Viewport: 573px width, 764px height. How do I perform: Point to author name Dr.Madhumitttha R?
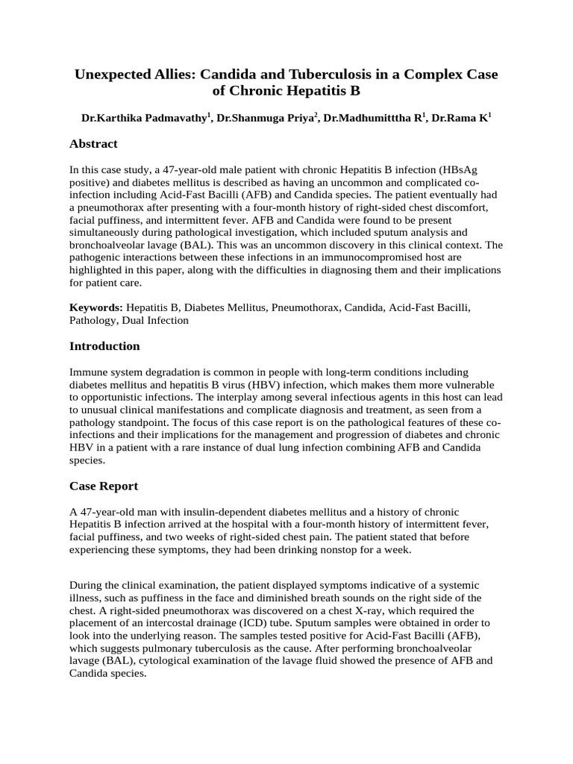pos(372,119)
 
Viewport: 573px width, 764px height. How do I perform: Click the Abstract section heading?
pos(93,144)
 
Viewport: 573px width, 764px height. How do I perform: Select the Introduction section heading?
pos(104,346)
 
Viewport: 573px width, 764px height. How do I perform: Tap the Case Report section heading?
pos(104,486)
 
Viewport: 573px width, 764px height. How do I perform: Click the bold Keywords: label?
pos(96,307)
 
